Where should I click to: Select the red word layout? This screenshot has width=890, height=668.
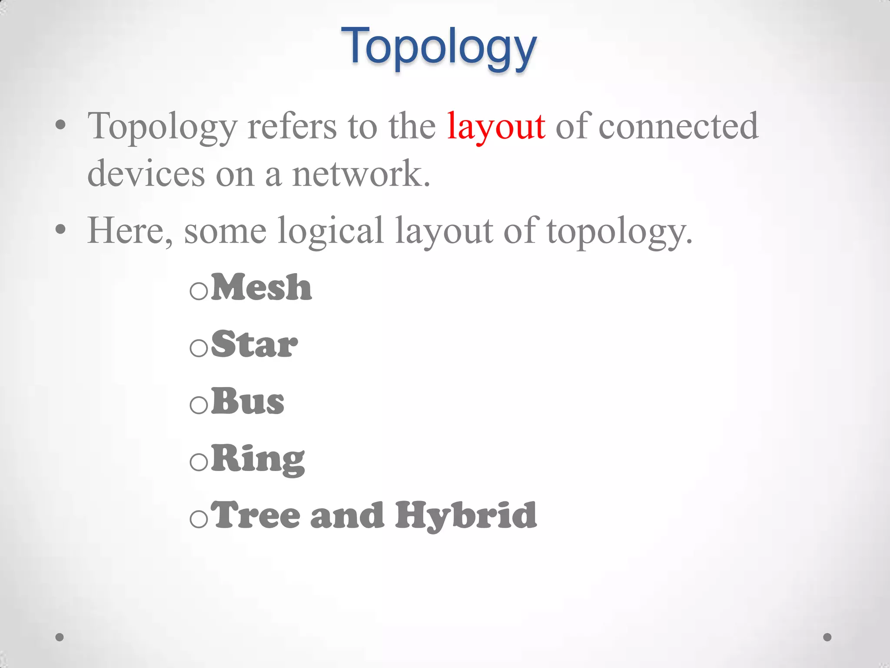coord(496,126)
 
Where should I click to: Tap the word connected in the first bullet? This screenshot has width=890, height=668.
coord(678,126)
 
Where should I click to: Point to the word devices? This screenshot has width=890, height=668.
coord(146,174)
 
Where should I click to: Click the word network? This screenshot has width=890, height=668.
coord(361,174)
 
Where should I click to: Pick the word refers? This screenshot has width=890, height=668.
coord(292,126)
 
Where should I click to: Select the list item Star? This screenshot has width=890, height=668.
coord(255,344)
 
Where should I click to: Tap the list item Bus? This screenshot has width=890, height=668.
coord(248,401)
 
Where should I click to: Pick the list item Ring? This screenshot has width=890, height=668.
coord(258,459)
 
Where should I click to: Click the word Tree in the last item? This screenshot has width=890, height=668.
coord(257,515)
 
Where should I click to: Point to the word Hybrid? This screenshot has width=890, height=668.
coord(465,516)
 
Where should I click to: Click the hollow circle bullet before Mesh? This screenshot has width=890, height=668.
coord(199,291)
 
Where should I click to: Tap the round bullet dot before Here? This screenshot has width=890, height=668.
coord(61,229)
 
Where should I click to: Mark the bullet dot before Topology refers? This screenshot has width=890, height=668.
coord(61,125)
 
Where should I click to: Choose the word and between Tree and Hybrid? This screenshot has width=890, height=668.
coord(347,516)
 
